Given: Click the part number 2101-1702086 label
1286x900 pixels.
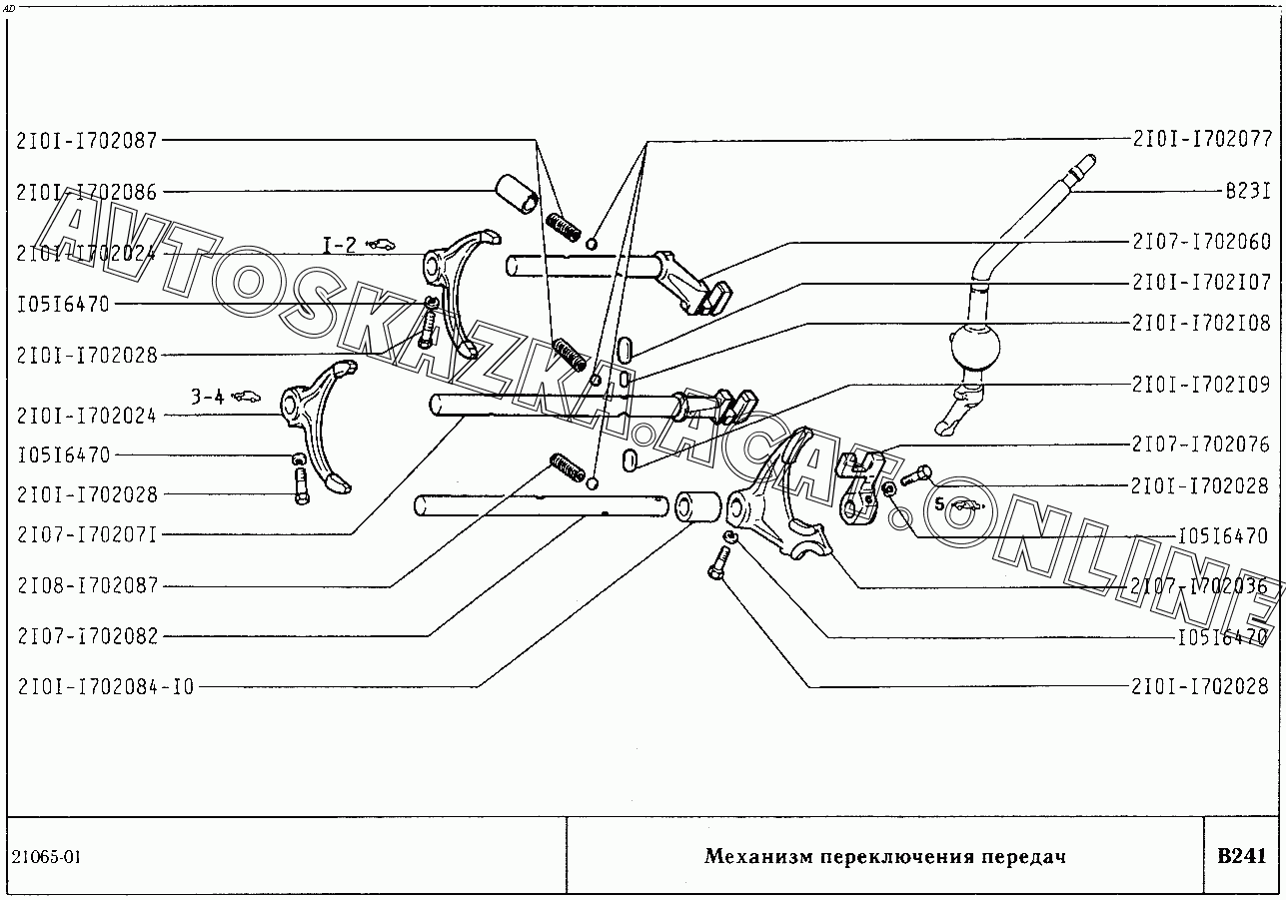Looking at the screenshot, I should (x=87, y=193).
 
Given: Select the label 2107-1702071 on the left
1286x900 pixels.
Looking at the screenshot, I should (x=87, y=535).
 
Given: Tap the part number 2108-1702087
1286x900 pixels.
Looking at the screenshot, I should (x=87, y=586).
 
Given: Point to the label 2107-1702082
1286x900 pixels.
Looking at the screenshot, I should (x=87, y=636).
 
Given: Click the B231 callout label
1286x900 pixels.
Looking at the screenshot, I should (x=1247, y=190).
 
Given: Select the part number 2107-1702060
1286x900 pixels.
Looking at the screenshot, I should (x=1201, y=242).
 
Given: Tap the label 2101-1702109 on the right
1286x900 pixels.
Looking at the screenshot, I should (x=1201, y=385).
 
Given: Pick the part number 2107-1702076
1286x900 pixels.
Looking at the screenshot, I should (x=1201, y=444).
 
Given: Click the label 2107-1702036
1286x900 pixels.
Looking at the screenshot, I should (x=1201, y=586).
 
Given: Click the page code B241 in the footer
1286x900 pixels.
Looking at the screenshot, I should (x=1241, y=856).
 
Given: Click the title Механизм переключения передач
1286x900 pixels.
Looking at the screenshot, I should (x=884, y=857).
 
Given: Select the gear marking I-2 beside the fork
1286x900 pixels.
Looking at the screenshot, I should (x=339, y=243).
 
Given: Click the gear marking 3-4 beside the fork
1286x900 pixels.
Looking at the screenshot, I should (x=208, y=397).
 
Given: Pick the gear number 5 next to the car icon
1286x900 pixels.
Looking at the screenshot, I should (x=939, y=505).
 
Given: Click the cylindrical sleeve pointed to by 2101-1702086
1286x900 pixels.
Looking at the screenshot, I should (x=517, y=193).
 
